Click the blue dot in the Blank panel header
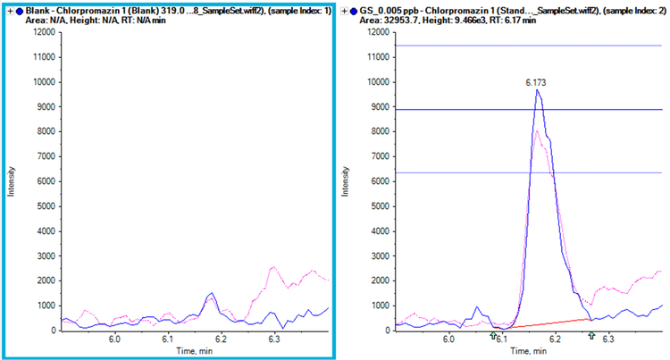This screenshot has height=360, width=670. pos(18,8)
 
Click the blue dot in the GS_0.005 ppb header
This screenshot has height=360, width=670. pos(356,8)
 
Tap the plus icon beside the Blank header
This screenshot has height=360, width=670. pos(8,8)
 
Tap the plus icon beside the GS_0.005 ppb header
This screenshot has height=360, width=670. pos(346,8)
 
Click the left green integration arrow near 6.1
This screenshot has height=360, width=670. pos(493,336)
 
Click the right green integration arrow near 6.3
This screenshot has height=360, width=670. pos(591,336)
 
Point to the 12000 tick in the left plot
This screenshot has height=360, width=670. pos(44,32)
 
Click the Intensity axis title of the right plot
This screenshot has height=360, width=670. pos(347,180)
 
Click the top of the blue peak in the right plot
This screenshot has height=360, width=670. pos(537,90)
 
